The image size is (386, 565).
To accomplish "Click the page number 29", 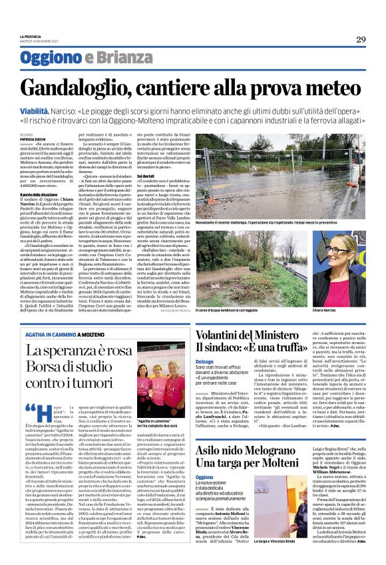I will coord(361,39).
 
